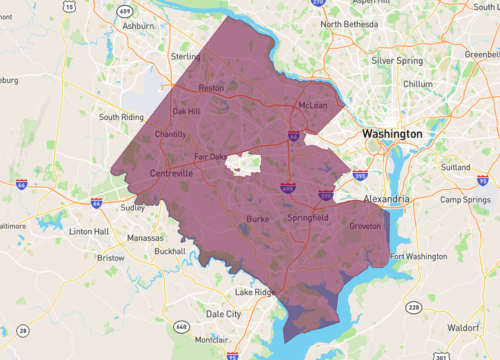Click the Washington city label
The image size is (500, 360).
pyautogui.click(x=392, y=133)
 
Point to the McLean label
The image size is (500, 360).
pyautogui.click(x=314, y=105)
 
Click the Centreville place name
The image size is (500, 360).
pyautogui.click(x=171, y=173)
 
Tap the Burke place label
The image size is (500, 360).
pyautogui.click(x=259, y=217)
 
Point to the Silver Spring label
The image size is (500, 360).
pyautogui.click(x=396, y=60)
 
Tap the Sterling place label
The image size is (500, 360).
pyautogui.click(x=186, y=57)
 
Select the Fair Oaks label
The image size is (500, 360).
pyautogui.click(x=212, y=156)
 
